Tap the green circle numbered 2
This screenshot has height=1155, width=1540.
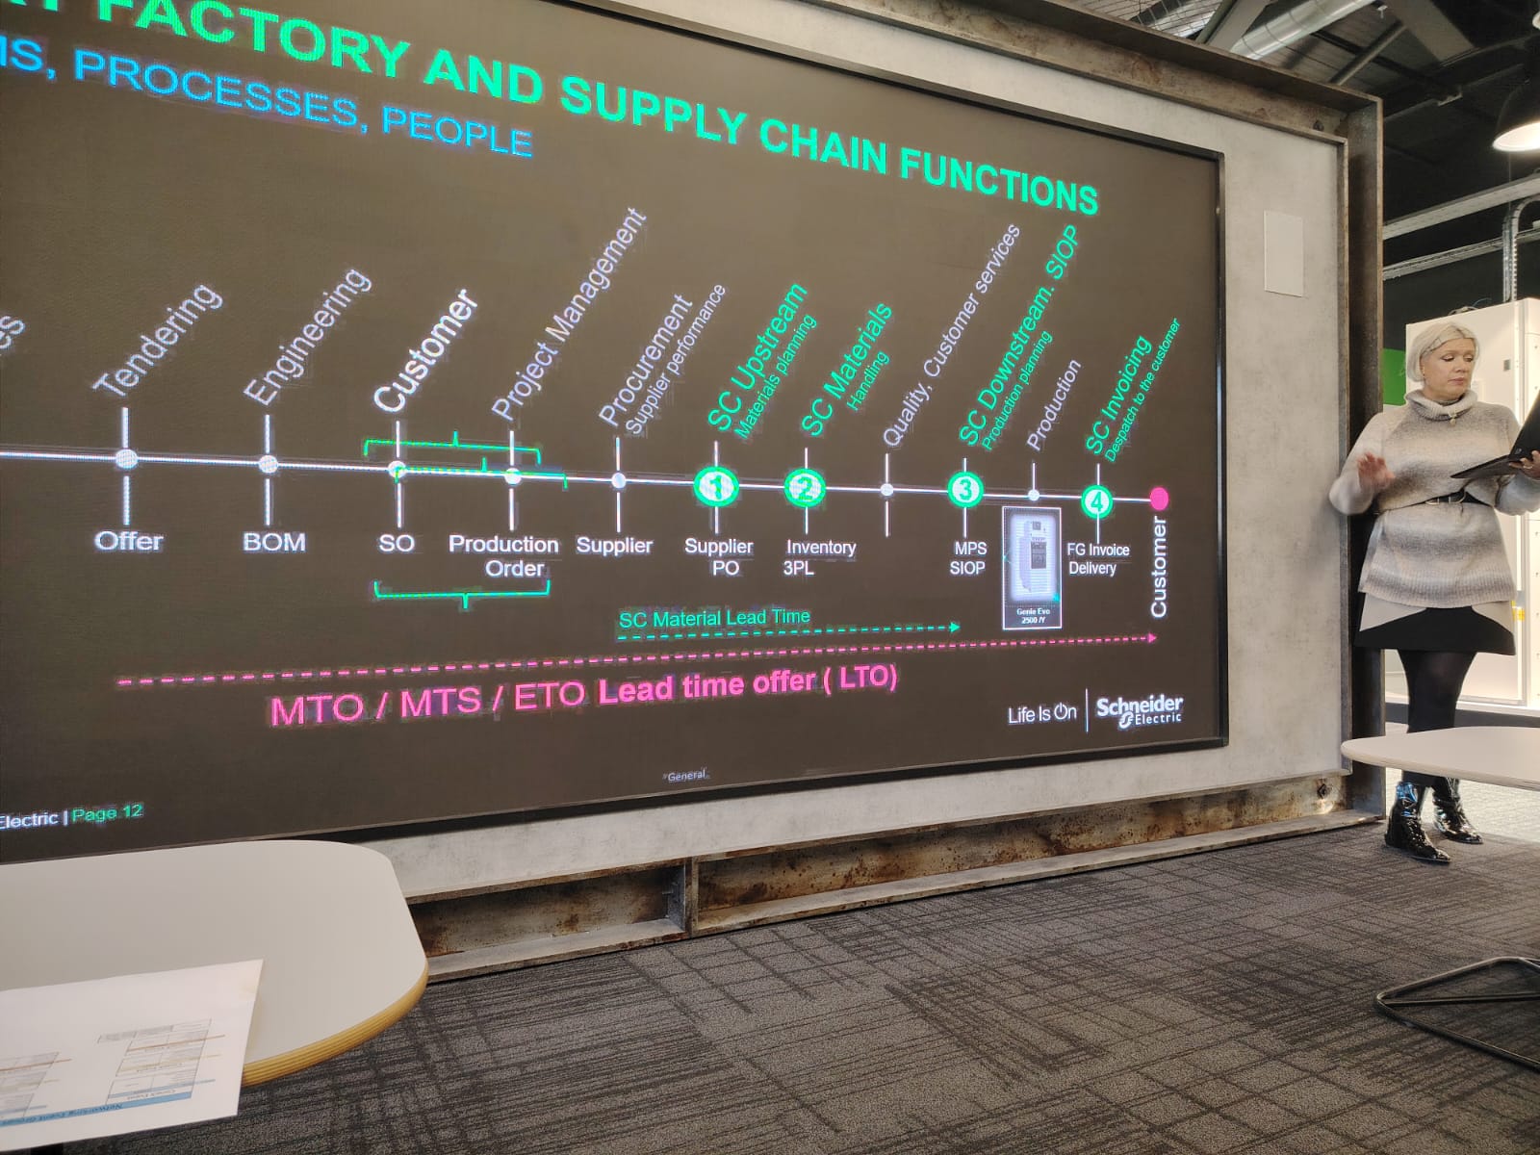(x=805, y=488)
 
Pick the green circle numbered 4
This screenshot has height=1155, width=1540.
(x=1096, y=500)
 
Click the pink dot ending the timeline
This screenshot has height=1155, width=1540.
(x=1159, y=498)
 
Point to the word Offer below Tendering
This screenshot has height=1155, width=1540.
(x=129, y=541)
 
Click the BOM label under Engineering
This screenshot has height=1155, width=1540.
(x=274, y=542)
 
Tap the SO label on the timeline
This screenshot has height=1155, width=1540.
(x=396, y=544)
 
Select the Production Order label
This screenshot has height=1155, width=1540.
(x=504, y=556)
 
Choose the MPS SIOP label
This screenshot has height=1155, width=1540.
(x=968, y=558)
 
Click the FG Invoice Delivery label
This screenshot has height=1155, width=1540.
(x=1096, y=559)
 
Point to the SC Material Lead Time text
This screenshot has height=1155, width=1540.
(x=714, y=618)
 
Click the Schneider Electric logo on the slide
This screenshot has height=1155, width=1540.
(x=1140, y=710)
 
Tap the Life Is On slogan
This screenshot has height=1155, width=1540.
(x=1041, y=714)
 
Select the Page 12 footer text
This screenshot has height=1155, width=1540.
(x=107, y=814)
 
